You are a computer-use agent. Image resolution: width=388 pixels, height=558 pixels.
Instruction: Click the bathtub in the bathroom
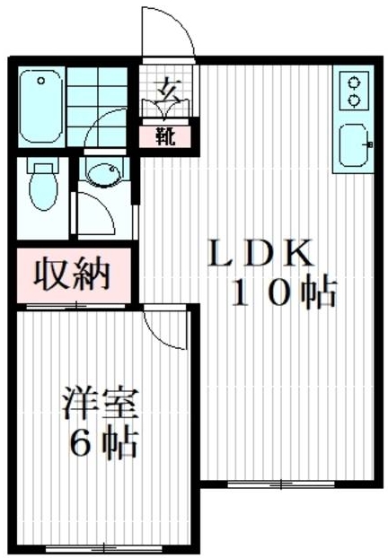(40, 109)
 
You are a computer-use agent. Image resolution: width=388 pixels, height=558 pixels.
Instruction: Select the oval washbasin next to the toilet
(101, 174)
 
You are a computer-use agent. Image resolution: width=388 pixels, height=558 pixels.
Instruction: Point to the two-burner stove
(353, 91)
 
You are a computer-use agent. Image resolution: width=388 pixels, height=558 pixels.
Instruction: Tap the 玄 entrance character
(166, 90)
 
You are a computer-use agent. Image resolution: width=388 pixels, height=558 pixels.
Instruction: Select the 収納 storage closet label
(72, 274)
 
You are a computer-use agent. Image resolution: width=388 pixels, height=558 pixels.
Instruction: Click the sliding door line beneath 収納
(74, 306)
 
